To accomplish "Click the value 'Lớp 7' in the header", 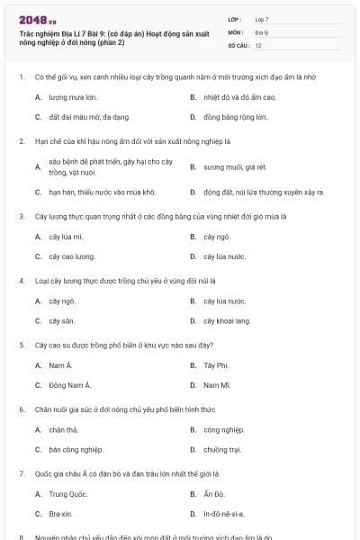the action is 262,18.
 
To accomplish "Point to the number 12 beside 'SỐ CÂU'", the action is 258,44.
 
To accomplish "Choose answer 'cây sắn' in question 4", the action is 61,320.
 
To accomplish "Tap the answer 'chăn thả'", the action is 63,429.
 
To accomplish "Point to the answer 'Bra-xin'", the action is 63,514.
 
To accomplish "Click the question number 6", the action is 21,409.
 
